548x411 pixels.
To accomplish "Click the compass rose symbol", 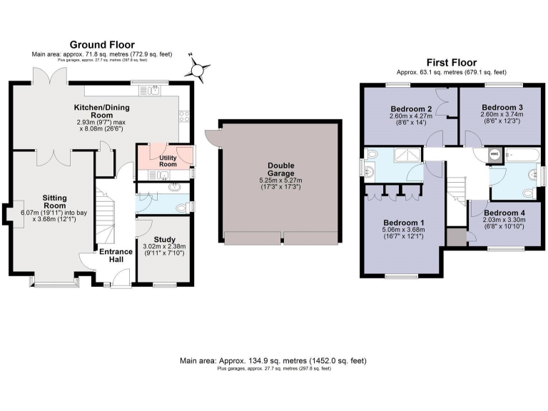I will pyautogui.click(x=198, y=68).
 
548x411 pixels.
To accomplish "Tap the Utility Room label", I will pyautogui.click(x=168, y=161).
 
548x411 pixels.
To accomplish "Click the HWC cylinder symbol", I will pyautogui.click(x=494, y=152).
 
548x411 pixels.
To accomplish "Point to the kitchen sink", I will pyautogui.click(x=154, y=90).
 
